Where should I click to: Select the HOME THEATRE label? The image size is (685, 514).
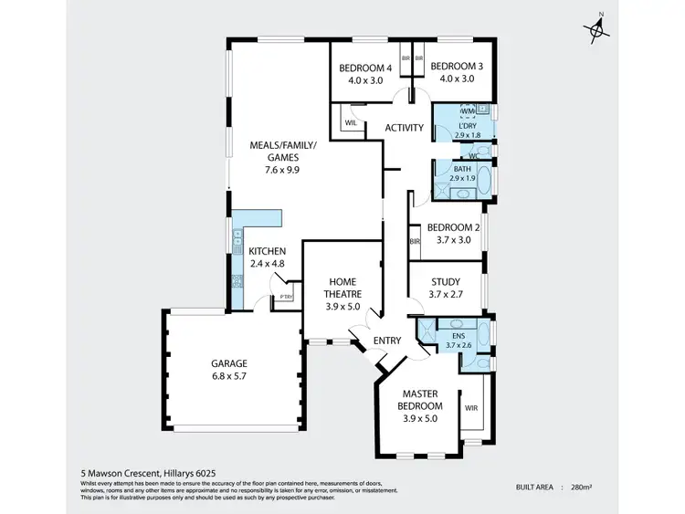tap(342, 288)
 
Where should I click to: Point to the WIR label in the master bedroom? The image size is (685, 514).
tap(471, 408)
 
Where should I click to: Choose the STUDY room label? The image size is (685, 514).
tap(445, 282)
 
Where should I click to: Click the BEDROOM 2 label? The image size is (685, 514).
tap(453, 227)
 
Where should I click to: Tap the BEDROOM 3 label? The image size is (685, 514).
tap(457, 67)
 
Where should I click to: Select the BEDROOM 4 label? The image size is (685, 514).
tap(365, 67)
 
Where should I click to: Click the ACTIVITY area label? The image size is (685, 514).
tap(403, 128)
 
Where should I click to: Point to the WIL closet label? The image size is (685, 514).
tap(349, 121)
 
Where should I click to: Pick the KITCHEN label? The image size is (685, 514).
tap(268, 251)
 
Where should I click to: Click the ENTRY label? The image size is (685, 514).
tap(387, 341)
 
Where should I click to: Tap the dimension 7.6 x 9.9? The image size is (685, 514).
tap(281, 169)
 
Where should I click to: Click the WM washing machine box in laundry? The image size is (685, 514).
tap(468, 111)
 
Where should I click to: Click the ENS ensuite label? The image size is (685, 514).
tap(459, 336)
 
